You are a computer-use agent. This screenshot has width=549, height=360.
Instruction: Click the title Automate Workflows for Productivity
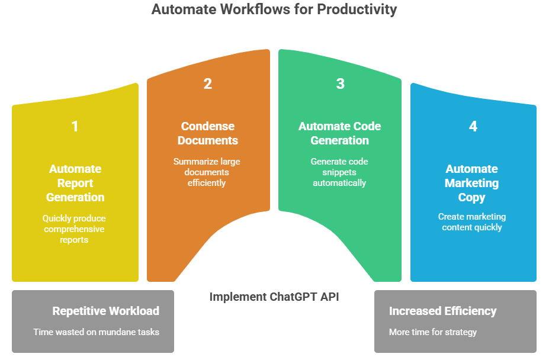pos(274,9)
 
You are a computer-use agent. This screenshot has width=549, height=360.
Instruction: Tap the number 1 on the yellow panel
pos(75,126)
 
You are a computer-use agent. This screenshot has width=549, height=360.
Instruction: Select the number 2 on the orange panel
pos(207,83)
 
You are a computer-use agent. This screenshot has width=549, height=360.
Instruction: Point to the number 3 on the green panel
pos(340,83)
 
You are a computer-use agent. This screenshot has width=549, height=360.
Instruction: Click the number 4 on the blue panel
pos(473,126)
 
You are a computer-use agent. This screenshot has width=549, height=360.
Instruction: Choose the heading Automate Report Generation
pos(75,183)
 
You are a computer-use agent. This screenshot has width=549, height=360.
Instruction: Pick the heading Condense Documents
pos(208,133)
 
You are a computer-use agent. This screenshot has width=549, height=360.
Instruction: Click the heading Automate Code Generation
pos(340,133)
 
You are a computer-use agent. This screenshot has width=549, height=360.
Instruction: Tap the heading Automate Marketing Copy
pos(472,183)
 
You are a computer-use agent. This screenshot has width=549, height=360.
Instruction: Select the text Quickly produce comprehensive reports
pos(75,229)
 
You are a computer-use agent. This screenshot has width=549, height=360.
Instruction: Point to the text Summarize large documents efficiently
pos(207,172)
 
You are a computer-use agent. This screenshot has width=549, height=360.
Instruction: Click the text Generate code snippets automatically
pos(340,172)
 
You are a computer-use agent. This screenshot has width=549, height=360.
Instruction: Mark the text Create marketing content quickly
pos(472,221)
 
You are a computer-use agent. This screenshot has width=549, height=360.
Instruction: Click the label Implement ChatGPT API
pos(274,297)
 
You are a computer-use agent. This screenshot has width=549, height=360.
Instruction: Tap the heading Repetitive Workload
pos(105,311)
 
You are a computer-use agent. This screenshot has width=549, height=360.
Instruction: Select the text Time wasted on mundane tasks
pos(96,332)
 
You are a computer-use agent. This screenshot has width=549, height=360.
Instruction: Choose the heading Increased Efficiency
pos(442,311)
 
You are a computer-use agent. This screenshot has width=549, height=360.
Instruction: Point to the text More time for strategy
pos(432,332)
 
